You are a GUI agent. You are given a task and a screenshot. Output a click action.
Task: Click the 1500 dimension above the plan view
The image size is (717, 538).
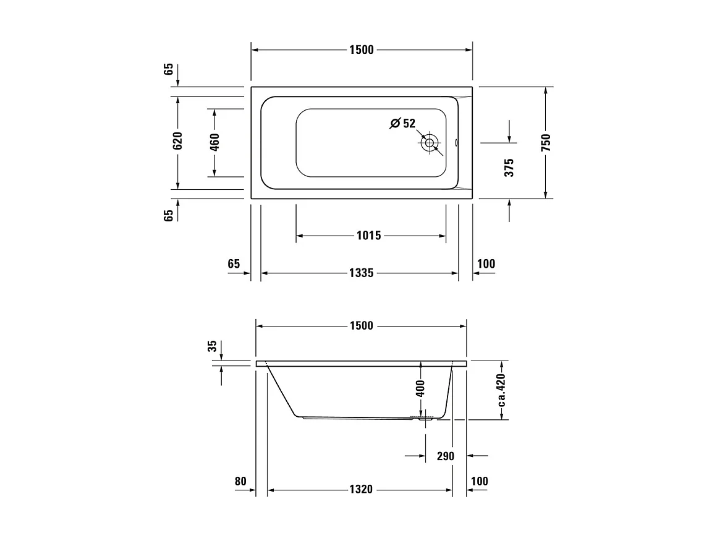coord(361,50)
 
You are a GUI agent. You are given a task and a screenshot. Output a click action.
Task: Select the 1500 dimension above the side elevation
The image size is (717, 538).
coord(361,326)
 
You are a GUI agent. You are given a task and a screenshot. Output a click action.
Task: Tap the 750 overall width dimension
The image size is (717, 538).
coord(546,142)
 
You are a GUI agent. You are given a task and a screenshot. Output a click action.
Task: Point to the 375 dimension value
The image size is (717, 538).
coord(509,168)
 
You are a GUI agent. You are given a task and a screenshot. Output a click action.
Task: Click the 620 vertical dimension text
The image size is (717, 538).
coord(177,142)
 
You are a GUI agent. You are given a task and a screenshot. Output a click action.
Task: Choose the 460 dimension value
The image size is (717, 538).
coord(214,142)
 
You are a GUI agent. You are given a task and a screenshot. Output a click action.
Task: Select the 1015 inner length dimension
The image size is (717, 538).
coord(369,236)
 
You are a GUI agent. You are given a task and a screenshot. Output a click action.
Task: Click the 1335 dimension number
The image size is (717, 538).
coord(361,273)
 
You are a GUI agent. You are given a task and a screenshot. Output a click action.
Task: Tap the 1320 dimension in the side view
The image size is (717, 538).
coord(361,489)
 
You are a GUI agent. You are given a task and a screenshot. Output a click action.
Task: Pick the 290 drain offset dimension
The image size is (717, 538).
coord(445,456)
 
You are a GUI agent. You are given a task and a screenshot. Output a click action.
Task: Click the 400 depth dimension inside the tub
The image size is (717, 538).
coord(420,388)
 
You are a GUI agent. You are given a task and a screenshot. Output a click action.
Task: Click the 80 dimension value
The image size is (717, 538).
coord(240,481)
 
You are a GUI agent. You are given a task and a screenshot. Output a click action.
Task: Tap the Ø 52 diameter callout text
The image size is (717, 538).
coord(403,123)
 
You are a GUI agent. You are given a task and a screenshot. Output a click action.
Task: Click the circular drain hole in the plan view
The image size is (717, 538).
coord(429,143)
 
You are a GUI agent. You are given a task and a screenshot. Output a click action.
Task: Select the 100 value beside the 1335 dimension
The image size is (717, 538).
coord(486,264)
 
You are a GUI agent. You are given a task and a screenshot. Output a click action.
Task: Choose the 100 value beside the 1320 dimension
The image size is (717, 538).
coord(480,481)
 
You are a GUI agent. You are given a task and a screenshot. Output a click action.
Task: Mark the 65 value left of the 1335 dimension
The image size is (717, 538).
coord(233,264)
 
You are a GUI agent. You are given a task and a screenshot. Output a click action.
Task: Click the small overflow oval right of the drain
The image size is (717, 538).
coord(457,143)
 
